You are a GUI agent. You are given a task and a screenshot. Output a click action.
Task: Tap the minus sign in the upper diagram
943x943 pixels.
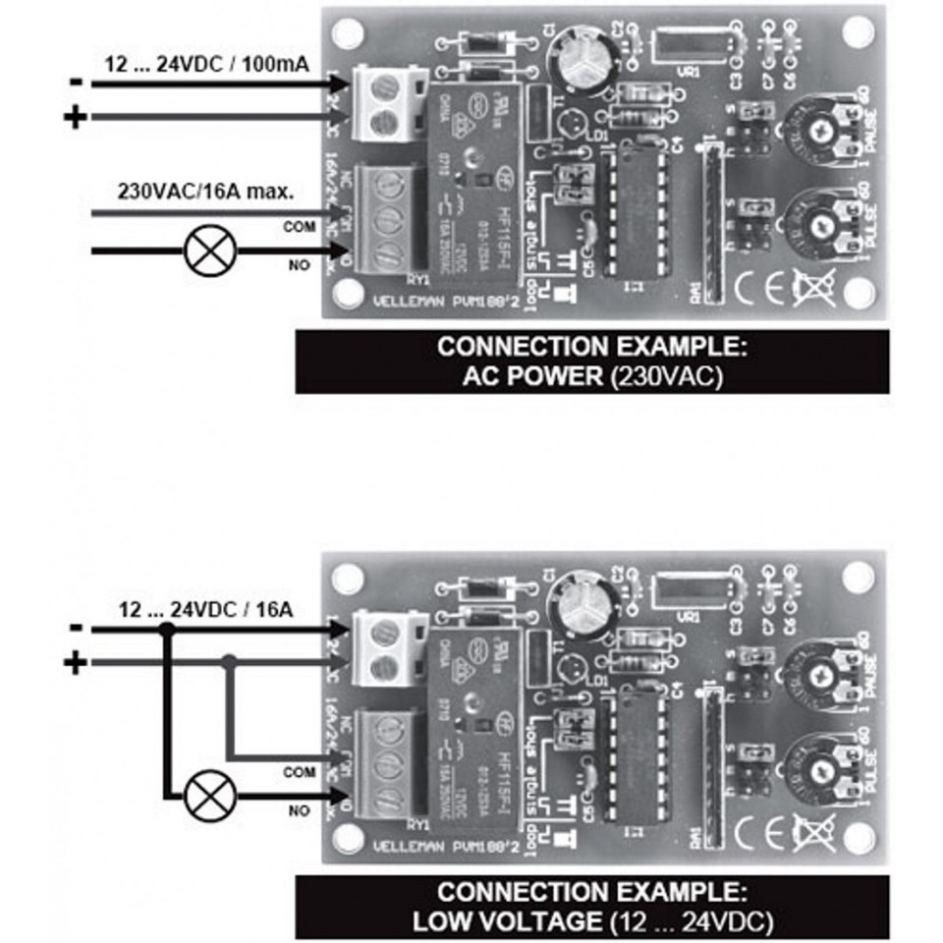pos(75,84)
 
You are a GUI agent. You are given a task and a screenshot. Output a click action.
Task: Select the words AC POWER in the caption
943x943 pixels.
pos(537,376)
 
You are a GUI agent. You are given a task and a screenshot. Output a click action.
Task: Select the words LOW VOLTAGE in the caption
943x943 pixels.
pos(505,921)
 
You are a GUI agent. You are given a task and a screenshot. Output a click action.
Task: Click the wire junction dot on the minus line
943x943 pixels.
pos(168,629)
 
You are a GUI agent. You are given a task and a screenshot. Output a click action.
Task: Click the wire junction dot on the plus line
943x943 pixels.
pos(229,663)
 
